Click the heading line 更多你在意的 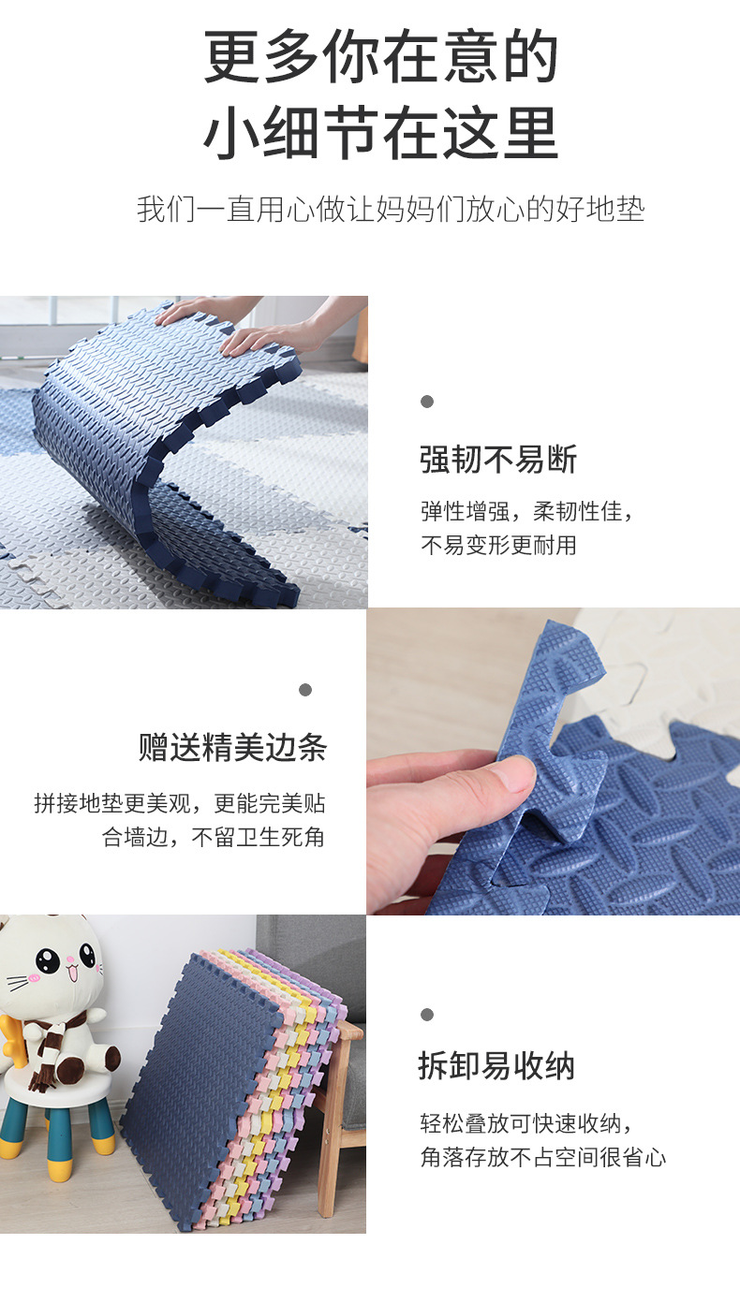(380, 58)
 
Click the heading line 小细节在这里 (380, 133)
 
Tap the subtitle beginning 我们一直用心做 (391, 209)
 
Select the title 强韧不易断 (498, 460)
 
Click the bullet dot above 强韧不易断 (427, 402)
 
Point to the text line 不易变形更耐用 (498, 545)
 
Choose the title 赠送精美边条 (232, 748)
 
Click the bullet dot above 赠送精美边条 (305, 690)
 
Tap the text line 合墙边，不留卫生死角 (214, 837)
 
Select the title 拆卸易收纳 (496, 1066)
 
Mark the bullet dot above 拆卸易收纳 (427, 1015)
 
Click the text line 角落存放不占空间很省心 (543, 1157)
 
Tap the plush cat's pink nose (62, 974)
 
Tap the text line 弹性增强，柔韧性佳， (527, 512)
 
